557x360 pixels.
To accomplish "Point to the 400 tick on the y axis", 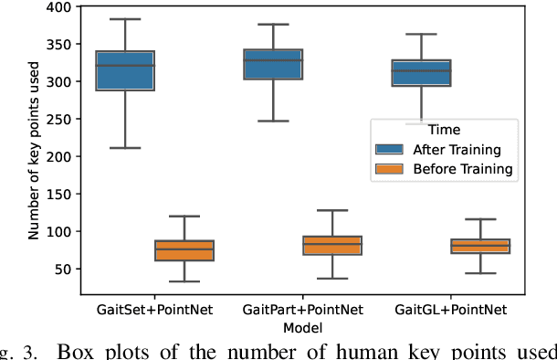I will click(61, 7).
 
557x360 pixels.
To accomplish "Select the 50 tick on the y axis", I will click(65, 270).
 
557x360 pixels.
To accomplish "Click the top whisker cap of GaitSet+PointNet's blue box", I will click(125, 19).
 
